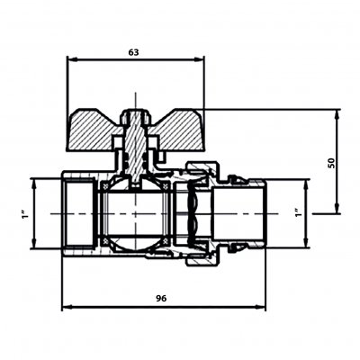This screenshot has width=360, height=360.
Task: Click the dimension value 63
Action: click(x=134, y=52)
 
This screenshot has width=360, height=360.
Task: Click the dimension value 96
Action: click(x=161, y=298)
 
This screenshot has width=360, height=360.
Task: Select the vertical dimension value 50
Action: click(x=331, y=163)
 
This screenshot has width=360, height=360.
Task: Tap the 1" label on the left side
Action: click(x=24, y=213)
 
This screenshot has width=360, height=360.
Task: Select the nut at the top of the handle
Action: click(x=135, y=117)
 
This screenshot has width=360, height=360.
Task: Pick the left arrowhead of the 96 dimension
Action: click(x=67, y=307)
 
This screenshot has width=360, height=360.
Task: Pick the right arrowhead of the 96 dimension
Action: click(x=260, y=307)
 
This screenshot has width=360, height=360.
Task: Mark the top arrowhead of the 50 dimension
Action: click(x=337, y=114)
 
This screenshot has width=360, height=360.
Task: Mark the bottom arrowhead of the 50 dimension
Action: click(x=337, y=208)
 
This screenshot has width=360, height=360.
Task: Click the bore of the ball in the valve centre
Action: click(x=135, y=214)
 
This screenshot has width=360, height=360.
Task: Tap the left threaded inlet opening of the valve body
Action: click(x=80, y=213)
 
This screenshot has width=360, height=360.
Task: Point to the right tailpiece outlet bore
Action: click(x=238, y=213)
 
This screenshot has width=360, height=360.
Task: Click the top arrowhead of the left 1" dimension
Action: click(x=34, y=184)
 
